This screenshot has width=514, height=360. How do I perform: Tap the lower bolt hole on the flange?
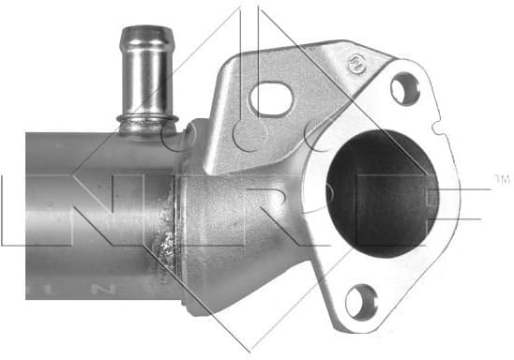[360, 302]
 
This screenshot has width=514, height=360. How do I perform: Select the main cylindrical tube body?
[84, 216]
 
